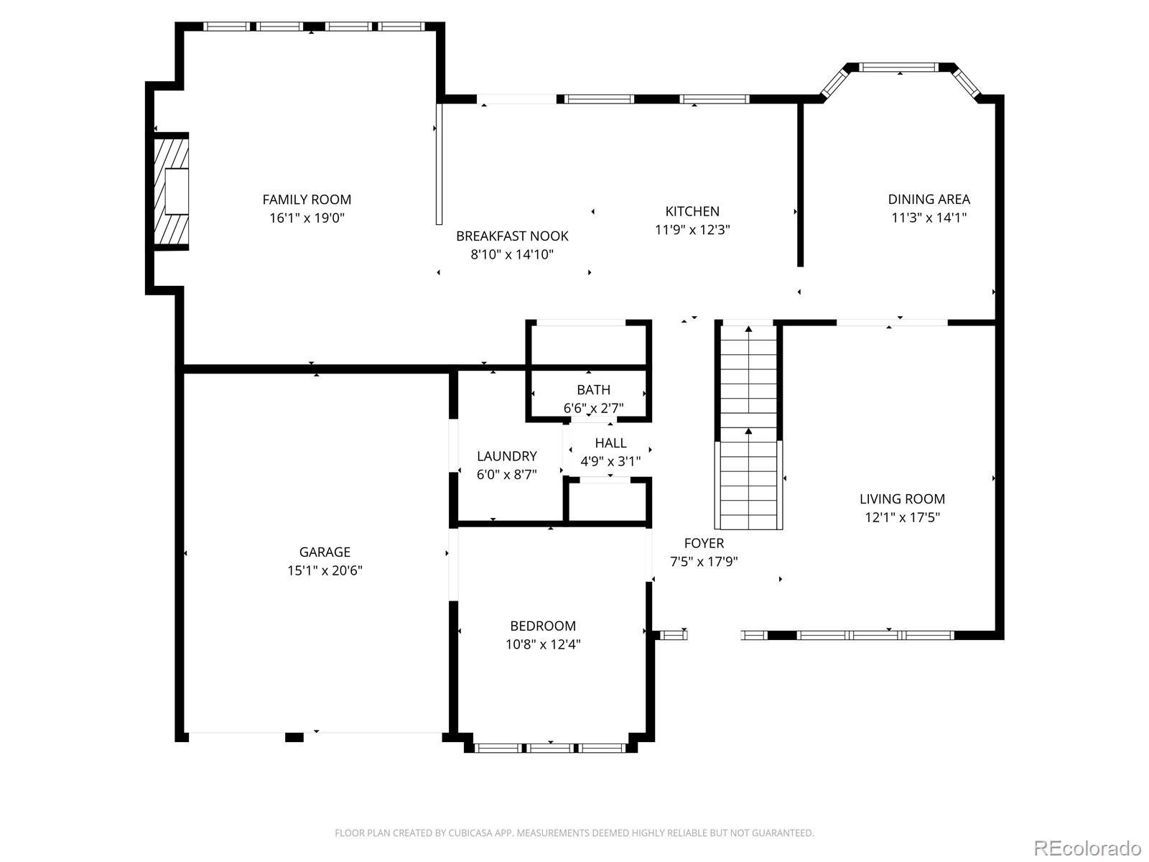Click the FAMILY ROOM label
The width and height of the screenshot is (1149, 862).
(307, 200)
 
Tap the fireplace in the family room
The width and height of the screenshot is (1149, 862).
(171, 191)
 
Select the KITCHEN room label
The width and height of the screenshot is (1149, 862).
(692, 211)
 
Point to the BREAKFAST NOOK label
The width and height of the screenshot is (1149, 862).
(512, 236)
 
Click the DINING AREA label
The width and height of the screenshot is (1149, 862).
(929, 200)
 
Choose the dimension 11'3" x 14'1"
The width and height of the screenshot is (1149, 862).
(929, 218)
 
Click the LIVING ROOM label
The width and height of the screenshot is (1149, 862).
(902, 499)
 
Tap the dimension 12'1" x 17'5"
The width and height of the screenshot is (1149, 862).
(902, 518)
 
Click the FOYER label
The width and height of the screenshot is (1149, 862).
(704, 543)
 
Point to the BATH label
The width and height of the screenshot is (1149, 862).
(594, 390)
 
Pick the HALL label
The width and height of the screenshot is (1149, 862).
(610, 443)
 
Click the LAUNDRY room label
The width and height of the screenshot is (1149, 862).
(507, 456)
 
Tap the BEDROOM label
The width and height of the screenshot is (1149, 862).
(543, 626)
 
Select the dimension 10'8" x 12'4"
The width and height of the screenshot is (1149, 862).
(543, 644)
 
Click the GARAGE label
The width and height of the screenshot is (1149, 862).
(325, 552)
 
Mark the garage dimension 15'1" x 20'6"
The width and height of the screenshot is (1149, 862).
(325, 570)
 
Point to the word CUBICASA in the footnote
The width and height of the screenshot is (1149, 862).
(468, 833)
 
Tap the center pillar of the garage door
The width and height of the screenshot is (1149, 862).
(294, 738)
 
